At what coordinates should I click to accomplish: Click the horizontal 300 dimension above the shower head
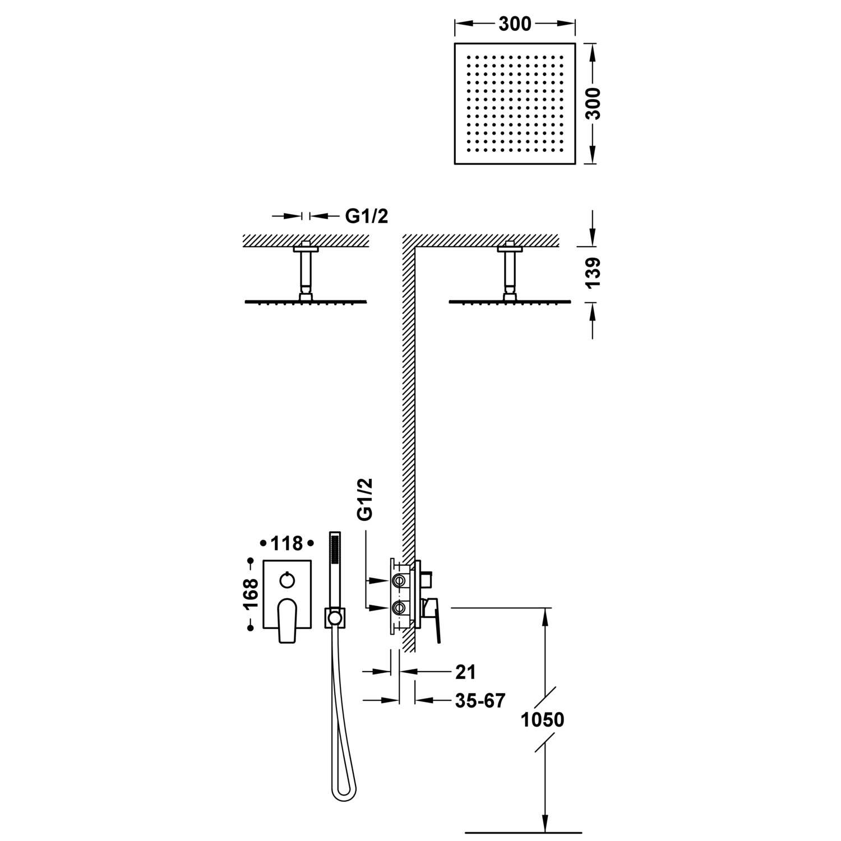pyautogui.click(x=514, y=24)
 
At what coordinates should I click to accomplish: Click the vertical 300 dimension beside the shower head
pyautogui.click(x=593, y=103)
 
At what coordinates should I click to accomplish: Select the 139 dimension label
pyautogui.click(x=593, y=273)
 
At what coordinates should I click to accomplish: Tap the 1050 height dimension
pyautogui.click(x=542, y=719)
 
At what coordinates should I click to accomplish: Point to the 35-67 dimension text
pyautogui.click(x=480, y=700)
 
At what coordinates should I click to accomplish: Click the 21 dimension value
pyautogui.click(x=465, y=671)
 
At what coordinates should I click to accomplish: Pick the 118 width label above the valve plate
pyautogui.click(x=287, y=543)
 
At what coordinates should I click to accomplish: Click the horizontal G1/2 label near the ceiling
pyautogui.click(x=366, y=216)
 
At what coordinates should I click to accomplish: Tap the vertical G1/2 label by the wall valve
pyautogui.click(x=365, y=500)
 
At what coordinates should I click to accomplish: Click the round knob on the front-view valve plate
pyautogui.click(x=287, y=579)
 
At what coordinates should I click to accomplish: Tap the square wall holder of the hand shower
pyautogui.click(x=335, y=618)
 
